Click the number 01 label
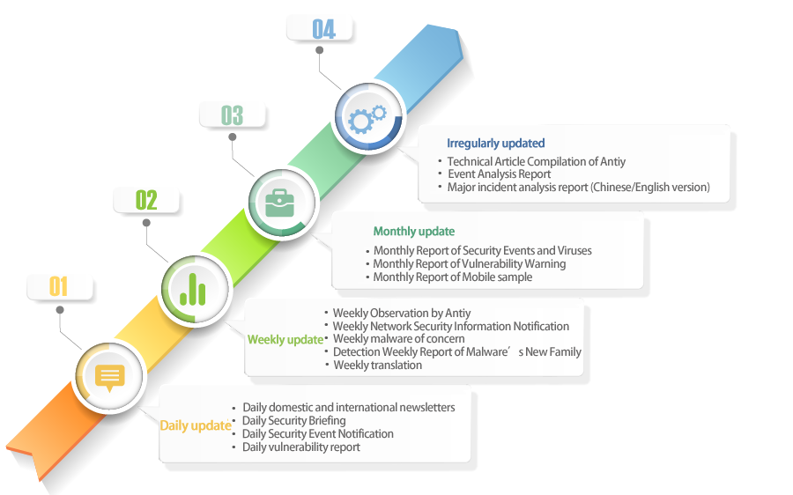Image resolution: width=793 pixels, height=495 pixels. [58, 286]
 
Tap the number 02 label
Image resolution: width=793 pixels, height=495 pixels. [146, 200]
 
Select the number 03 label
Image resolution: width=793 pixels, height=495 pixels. [232, 115]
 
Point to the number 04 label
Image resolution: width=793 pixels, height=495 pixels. [323, 29]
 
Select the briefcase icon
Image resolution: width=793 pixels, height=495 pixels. [280, 203]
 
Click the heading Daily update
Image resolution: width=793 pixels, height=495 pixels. [195, 426]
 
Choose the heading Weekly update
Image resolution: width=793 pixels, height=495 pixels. [285, 340]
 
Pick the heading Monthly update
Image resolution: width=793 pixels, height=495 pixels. [413, 232]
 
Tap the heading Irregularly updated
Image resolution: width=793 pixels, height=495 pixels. [495, 143]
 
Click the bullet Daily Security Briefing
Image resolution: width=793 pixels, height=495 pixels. [293, 421]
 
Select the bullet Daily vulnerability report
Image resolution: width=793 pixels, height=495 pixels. [300, 447]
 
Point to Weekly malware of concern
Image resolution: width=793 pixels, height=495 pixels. [398, 339]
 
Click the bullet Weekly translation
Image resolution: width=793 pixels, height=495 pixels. [377, 366]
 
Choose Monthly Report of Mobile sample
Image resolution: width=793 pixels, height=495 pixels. [452, 277]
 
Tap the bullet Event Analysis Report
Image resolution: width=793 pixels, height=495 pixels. [499, 174]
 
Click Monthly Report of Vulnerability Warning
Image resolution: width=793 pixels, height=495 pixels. [469, 264]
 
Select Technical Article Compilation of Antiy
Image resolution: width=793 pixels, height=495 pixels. [536, 162]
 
